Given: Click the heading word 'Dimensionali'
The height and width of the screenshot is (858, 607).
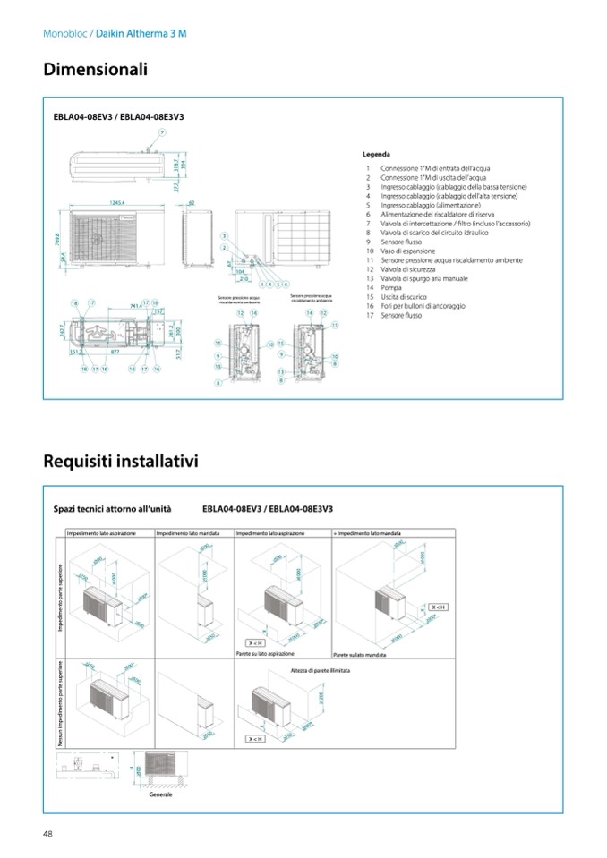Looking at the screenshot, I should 95,69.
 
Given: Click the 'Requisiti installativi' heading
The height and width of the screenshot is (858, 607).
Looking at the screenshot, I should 121,462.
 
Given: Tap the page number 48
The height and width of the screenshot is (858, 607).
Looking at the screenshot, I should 47,834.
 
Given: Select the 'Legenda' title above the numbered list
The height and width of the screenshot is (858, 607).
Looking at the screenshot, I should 376,155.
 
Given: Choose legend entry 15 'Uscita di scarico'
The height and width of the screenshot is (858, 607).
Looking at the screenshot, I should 403,296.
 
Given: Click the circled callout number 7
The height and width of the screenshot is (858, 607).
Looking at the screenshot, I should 162,132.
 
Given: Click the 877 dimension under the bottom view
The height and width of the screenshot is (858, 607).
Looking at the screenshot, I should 115,353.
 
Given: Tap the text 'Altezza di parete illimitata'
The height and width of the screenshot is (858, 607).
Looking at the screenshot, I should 321,669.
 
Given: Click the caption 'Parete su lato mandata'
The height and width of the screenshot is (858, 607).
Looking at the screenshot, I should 357,655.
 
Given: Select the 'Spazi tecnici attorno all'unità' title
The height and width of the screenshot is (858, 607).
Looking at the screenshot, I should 112,508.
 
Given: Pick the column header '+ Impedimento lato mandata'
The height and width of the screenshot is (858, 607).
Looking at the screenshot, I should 366,532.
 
